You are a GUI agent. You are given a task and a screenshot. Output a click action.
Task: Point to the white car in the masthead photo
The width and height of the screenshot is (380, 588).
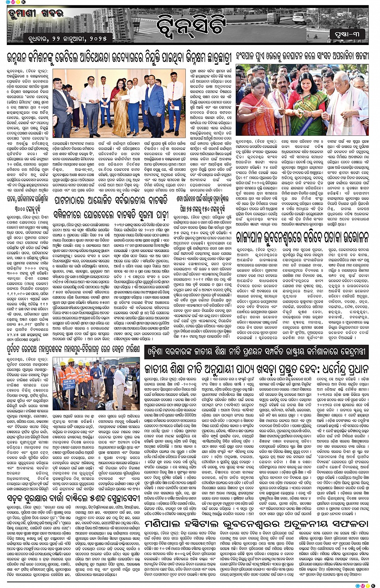tap(281, 16)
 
